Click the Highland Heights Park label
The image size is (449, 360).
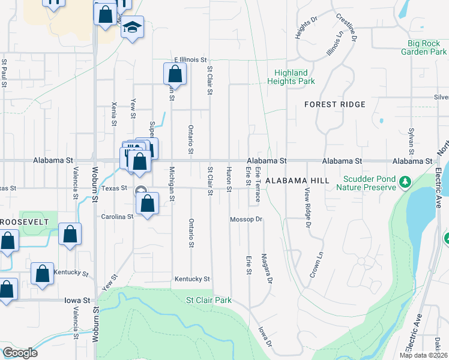(291, 77)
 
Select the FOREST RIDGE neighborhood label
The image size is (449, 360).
(335, 104)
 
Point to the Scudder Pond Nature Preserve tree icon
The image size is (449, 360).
(405, 181)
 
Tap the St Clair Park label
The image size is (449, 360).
(208, 300)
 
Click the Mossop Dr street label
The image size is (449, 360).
(247, 220)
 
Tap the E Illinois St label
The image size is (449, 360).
(190, 60)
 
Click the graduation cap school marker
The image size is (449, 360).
(132, 28)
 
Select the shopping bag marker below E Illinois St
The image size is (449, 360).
(175, 74)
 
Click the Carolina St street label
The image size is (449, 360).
(116, 217)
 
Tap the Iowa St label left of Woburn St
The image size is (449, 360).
(77, 300)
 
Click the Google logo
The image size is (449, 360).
(20, 353)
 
